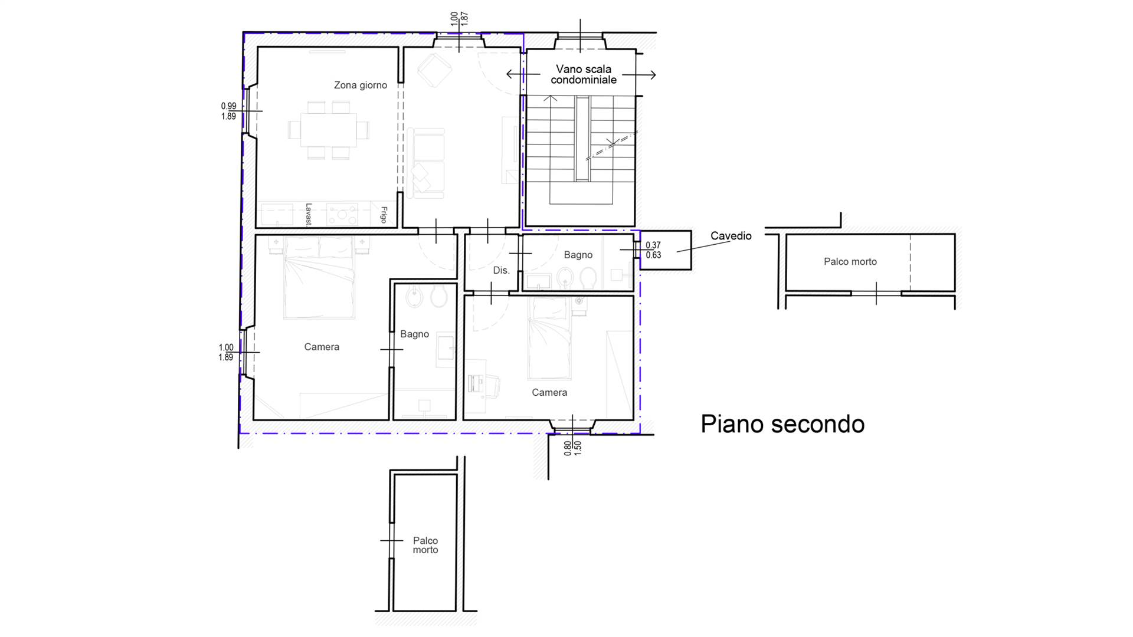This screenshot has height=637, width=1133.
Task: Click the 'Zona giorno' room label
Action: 360,85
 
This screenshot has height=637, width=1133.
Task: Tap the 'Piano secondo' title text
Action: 782,424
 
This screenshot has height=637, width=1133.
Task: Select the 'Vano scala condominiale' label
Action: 583,74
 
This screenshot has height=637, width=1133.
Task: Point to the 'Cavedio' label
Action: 731,236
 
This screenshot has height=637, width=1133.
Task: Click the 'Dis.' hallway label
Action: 501,270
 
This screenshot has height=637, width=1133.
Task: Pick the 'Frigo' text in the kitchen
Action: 384,215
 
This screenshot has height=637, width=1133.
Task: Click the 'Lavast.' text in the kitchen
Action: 308,214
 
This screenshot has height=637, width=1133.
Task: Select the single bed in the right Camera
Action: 549,338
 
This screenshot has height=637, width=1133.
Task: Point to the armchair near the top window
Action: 435,70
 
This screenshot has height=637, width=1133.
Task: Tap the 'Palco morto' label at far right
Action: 850,261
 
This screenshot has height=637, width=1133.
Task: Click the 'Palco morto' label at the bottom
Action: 425,545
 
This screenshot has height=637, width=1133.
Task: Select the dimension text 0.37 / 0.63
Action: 653,250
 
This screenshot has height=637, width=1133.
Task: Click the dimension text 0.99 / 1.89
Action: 228,111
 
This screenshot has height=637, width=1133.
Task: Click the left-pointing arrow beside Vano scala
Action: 522,74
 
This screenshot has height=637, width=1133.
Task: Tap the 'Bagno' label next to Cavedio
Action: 578,255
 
